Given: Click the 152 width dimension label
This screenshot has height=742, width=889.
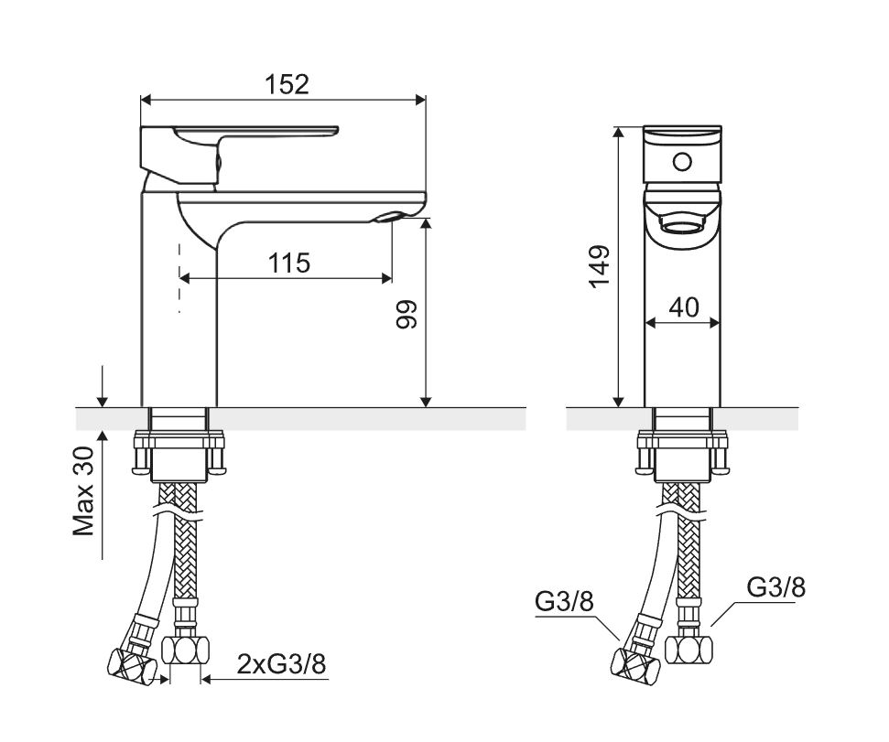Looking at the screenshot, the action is point(287,84).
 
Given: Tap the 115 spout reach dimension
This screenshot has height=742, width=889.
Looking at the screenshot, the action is point(289,263).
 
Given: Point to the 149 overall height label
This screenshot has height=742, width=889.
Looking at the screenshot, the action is point(600,267).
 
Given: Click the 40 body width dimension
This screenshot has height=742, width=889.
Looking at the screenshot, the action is point(684,307).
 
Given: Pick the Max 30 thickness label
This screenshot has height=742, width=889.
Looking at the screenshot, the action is point(83,491).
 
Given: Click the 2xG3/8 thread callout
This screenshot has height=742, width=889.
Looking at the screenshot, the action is point(281,664).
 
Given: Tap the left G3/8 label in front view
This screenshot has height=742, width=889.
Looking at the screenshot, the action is point(564,601).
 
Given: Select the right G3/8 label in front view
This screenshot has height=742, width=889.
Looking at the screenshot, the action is point(775,587).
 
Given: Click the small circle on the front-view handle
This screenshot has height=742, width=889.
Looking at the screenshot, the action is point(682,163).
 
